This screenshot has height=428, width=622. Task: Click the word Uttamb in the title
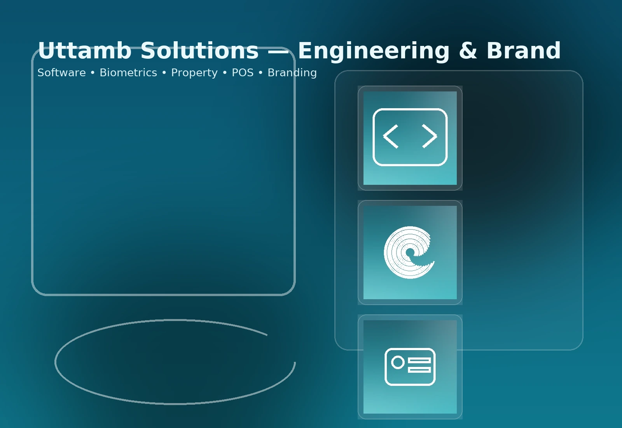coord(85,50)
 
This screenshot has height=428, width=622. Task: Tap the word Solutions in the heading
coord(200,50)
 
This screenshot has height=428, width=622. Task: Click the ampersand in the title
coord(468,50)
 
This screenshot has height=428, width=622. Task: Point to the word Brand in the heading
coord(524,50)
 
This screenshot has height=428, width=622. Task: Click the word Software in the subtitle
coord(62,72)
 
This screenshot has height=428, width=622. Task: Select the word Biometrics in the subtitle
coord(128,72)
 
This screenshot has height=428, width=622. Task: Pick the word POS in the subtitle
coord(243,72)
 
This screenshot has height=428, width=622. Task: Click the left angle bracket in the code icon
coord(390,137)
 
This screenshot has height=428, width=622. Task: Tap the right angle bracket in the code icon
coord(430,136)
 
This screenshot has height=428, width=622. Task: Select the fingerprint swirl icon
coord(409,253)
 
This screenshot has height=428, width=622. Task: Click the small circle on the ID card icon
coord(398,362)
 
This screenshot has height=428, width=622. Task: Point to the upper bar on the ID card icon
coord(419,360)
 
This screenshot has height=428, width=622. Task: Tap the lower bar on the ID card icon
coord(419,370)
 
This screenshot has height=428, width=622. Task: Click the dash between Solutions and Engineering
coord(278,51)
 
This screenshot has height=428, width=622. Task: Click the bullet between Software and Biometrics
coord(93,73)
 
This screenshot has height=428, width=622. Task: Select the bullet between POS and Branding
coord(260,73)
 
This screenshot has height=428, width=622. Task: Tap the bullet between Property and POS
coord(225,73)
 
